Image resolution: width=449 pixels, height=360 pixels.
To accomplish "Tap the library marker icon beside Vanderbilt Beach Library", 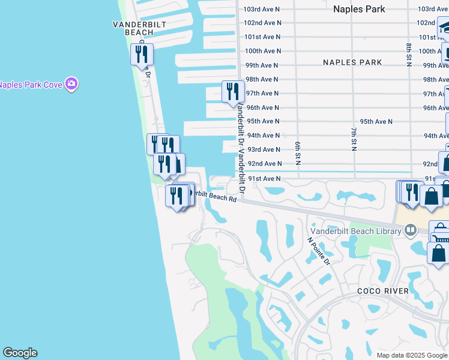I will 411,229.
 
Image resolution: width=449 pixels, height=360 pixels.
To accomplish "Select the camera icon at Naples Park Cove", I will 71,84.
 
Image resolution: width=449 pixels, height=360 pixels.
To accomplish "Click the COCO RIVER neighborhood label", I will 383,291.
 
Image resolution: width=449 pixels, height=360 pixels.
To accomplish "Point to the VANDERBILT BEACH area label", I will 139,28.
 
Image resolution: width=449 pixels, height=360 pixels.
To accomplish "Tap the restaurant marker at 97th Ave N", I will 233,92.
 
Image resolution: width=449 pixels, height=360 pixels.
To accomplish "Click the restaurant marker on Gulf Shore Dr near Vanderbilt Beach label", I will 142,55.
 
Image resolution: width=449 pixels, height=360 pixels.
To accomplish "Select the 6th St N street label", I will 297,153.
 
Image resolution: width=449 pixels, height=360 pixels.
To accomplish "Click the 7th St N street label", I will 354,139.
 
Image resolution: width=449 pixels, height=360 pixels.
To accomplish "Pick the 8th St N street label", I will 408,55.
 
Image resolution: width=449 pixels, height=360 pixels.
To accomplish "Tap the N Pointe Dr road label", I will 319,251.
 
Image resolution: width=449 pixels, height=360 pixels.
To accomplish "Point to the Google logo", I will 20,353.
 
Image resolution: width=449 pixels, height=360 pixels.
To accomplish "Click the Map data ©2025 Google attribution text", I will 411,355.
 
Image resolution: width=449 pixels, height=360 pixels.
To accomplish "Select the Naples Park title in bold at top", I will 359,9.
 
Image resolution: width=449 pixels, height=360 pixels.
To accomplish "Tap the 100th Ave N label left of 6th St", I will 263,51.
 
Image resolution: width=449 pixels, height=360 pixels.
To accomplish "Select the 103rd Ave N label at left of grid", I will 262,9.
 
